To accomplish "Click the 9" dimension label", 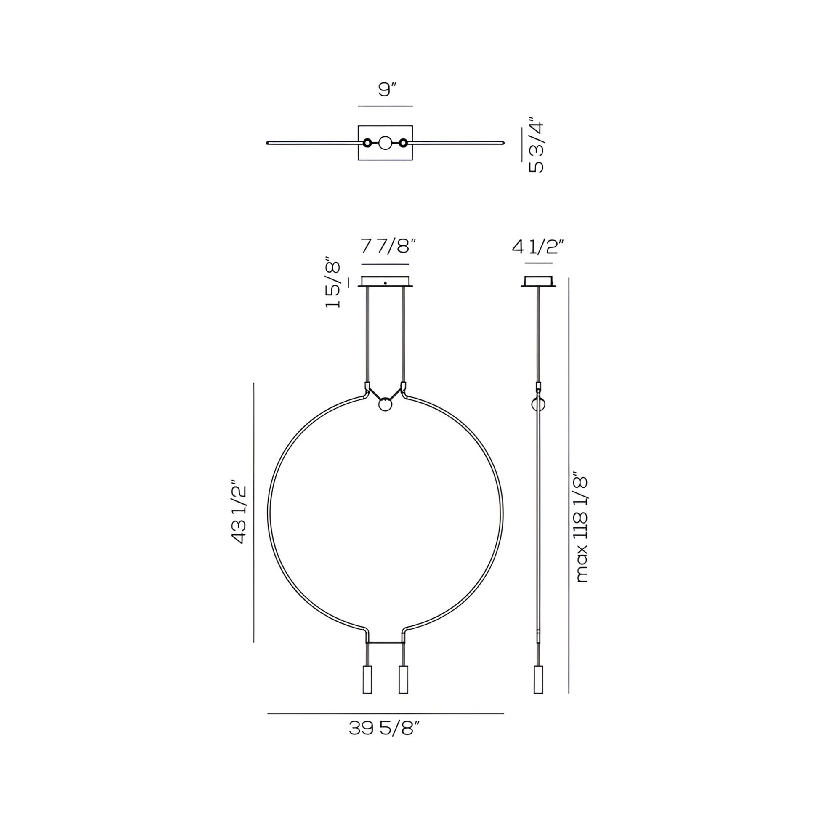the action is point(387,90).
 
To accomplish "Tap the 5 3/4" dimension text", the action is point(536,147).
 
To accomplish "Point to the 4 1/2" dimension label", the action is point(538,246).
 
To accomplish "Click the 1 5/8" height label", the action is point(333,282).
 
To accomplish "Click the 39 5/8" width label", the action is point(385,728).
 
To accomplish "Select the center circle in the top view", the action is point(386,143).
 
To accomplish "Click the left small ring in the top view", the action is point(367,143).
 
